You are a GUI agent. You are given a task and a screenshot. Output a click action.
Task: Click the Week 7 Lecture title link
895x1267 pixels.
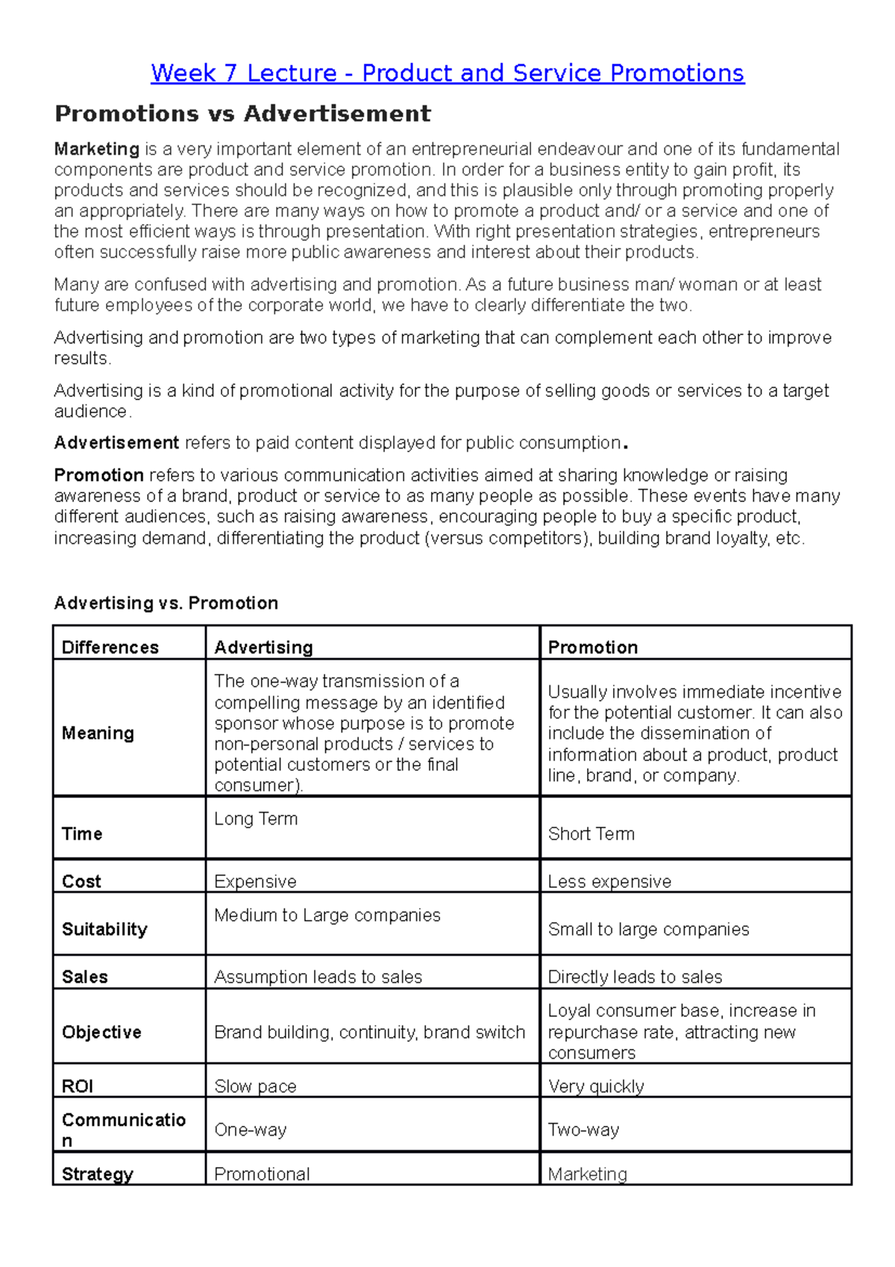tap(447, 73)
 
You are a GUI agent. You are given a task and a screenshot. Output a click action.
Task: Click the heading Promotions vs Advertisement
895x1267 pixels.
tap(242, 114)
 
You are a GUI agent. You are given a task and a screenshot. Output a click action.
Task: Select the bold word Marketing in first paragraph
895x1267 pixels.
tap(96, 149)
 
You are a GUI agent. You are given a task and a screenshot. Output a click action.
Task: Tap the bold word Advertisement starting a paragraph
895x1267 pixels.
tap(116, 443)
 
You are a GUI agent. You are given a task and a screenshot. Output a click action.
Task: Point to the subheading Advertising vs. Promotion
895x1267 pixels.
tap(166, 603)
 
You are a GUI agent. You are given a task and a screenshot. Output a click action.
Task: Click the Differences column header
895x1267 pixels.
tap(110, 647)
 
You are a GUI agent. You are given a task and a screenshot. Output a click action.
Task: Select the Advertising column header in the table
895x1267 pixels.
tap(263, 647)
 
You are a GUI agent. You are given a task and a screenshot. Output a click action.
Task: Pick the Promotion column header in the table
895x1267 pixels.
tap(593, 647)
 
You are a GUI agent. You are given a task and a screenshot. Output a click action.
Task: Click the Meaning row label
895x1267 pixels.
tap(98, 733)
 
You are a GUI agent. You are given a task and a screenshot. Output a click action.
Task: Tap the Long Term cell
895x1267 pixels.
tap(256, 819)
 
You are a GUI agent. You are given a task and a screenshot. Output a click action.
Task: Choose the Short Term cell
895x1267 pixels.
tap(591, 833)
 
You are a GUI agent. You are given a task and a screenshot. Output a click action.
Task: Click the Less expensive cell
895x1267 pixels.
tap(609, 881)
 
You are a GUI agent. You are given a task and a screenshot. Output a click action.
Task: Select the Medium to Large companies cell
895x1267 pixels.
tap(327, 915)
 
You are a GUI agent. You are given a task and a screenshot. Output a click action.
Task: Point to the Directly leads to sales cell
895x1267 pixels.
tap(635, 977)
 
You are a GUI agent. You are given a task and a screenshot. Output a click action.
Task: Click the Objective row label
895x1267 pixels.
tap(101, 1032)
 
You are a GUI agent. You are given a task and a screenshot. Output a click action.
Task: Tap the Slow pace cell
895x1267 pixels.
tap(255, 1086)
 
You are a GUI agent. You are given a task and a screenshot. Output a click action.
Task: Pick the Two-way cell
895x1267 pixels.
tap(583, 1130)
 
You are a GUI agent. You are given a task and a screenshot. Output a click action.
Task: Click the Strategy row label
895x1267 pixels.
tap(97, 1174)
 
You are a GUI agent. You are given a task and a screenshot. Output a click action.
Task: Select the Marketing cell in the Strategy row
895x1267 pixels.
tap(587, 1174)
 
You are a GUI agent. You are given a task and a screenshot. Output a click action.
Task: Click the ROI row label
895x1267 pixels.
tap(78, 1086)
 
